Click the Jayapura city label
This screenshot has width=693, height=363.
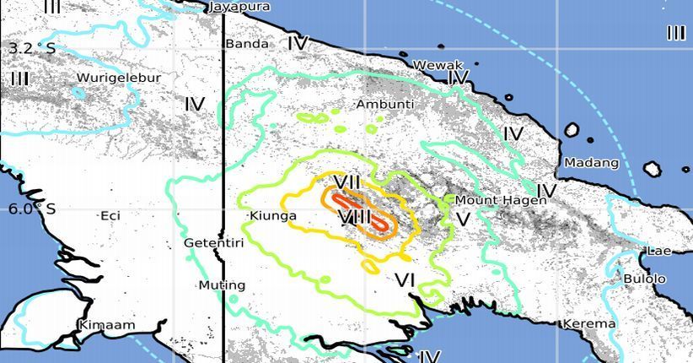[239, 7]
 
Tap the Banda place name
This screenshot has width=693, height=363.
[246, 44]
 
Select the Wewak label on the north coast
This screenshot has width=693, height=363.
[438, 65]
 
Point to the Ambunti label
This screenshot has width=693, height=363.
[384, 105]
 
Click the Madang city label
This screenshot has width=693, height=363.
[591, 163]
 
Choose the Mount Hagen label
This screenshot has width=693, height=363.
[495, 200]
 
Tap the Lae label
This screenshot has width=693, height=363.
[657, 251]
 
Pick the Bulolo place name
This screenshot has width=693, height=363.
[644, 279]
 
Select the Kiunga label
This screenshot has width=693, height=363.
[274, 216]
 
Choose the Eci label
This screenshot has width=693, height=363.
[110, 216]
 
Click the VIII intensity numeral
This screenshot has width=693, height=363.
[355, 218]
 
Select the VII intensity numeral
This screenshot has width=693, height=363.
[347, 182]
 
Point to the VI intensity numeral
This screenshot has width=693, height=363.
[405, 279]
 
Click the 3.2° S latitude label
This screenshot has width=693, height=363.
[32, 48]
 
